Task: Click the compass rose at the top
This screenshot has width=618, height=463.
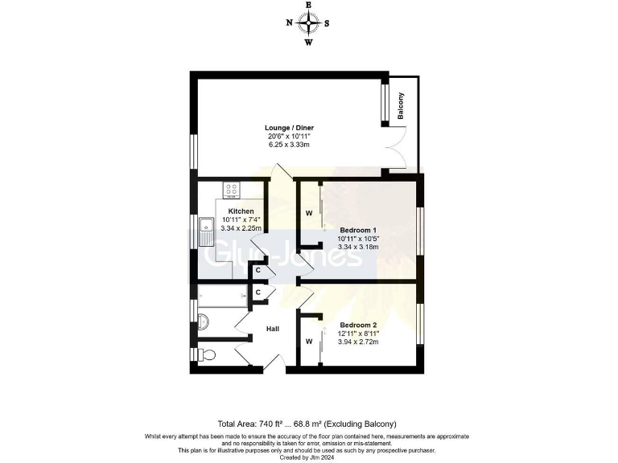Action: point(308,23)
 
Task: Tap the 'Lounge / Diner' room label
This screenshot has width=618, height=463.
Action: point(290,128)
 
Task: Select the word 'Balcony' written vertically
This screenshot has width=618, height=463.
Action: point(401,106)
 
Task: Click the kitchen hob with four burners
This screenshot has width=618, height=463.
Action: point(232,191)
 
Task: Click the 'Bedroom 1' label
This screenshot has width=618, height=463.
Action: point(357,230)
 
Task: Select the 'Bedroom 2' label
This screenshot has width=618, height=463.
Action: point(358,326)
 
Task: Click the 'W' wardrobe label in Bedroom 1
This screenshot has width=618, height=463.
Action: point(308,214)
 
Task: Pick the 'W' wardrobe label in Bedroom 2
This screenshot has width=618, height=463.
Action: point(308,341)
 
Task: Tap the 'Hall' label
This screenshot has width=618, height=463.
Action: point(274,330)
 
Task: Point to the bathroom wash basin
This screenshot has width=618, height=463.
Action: point(204,322)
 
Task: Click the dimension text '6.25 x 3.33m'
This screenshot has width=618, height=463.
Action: point(290,145)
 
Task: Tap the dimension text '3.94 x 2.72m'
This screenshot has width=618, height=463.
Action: point(358,342)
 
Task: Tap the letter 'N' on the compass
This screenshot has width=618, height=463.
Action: point(290,23)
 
